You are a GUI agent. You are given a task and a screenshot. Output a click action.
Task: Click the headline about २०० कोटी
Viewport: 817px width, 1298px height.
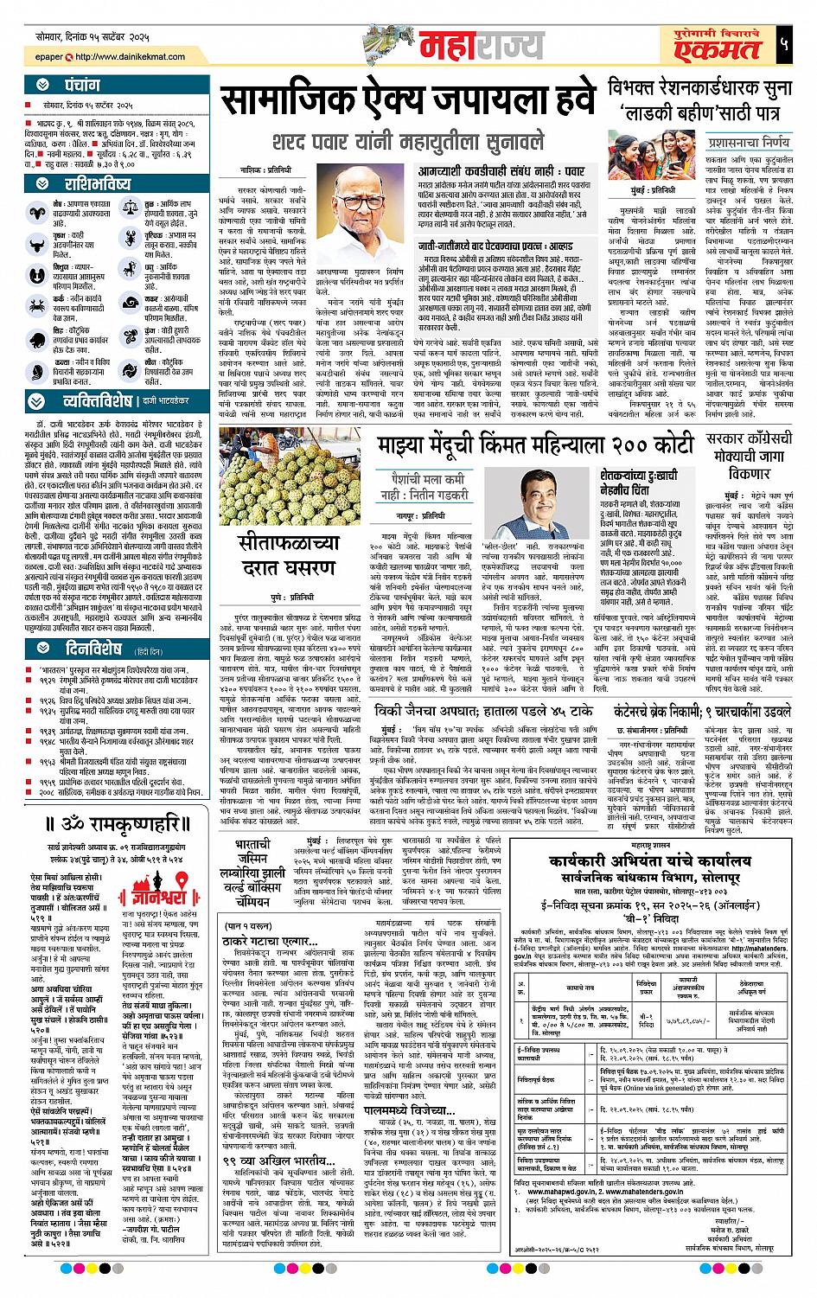click(535, 445)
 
